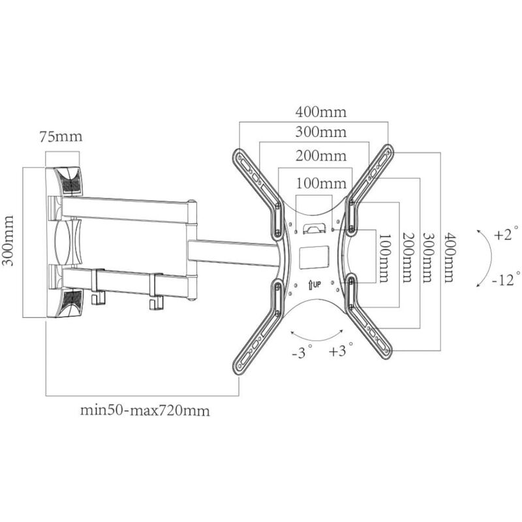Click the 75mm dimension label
coord(61,137)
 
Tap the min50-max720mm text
coord(145,410)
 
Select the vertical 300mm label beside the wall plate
coord(8,241)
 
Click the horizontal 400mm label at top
coord(321,112)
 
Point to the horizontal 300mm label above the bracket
coord(321,132)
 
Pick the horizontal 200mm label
coord(321,156)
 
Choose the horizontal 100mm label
coord(321,183)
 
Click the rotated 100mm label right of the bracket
coord(384,258)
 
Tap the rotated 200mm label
coord(408,257)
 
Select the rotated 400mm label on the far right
coord(450,258)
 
